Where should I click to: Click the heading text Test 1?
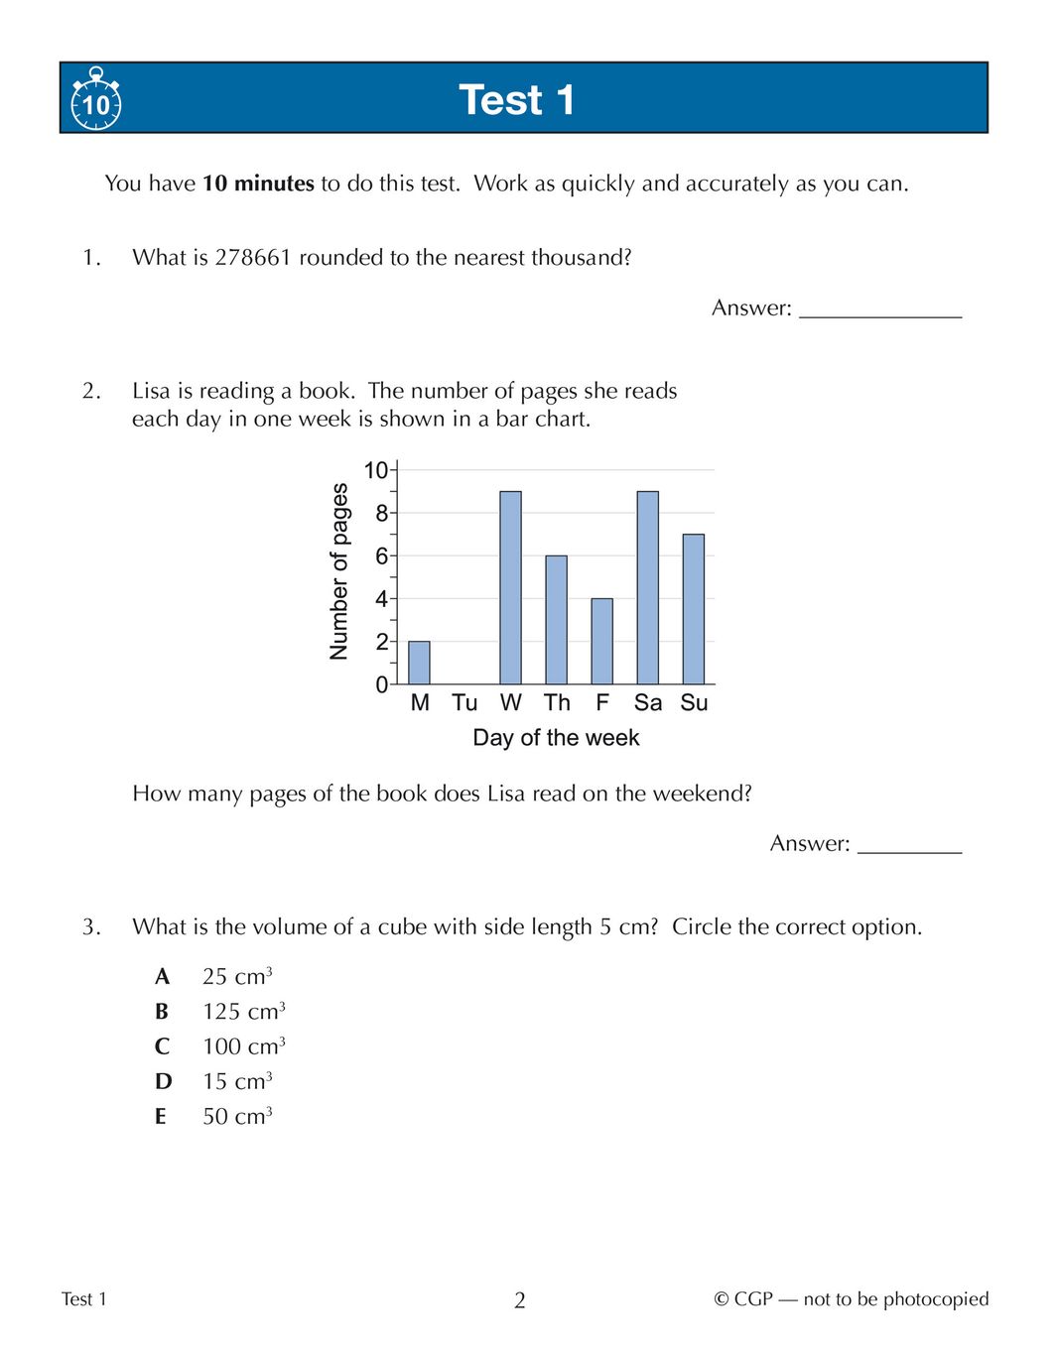(x=516, y=100)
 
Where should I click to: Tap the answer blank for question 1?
(x=880, y=308)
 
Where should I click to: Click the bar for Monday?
(x=420, y=663)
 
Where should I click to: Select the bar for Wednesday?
(x=510, y=587)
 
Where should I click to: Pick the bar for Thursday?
(x=556, y=620)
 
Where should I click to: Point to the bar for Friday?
(x=601, y=641)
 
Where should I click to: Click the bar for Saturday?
(x=647, y=587)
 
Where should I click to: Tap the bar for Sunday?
(x=693, y=609)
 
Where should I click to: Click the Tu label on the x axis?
(x=464, y=703)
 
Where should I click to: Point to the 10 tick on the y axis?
(x=376, y=470)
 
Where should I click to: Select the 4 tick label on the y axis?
(x=381, y=599)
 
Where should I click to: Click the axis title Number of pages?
(x=339, y=571)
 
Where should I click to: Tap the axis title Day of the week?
(x=556, y=738)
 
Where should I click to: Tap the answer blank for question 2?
(x=909, y=844)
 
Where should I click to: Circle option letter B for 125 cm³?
(x=162, y=1012)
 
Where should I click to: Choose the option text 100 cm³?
(x=244, y=1046)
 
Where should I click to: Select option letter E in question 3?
(x=161, y=1117)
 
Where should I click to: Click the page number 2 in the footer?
(x=520, y=1300)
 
